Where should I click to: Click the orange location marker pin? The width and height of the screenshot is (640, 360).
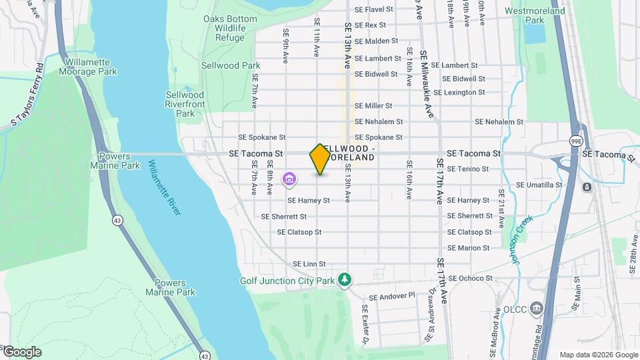point(320,159)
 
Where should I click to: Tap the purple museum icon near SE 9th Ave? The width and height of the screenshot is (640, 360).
point(289,179)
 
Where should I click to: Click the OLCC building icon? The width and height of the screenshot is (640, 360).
point(537,309)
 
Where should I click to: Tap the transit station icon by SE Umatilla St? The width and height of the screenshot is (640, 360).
point(587,187)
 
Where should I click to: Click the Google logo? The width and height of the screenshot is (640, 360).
point(21,352)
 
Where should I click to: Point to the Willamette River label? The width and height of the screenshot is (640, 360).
point(165,187)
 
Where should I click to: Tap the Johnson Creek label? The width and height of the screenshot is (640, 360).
point(524,238)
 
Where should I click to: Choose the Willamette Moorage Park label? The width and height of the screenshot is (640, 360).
point(91,67)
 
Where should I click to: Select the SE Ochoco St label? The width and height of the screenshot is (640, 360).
point(470,278)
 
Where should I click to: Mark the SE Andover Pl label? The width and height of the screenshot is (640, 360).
point(391,297)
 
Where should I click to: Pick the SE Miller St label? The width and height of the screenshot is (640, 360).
point(373,106)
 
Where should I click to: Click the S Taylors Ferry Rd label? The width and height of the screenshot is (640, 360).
point(27,94)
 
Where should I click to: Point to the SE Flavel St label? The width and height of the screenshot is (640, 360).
point(374,10)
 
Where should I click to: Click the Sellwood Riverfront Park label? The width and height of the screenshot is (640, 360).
point(185,104)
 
